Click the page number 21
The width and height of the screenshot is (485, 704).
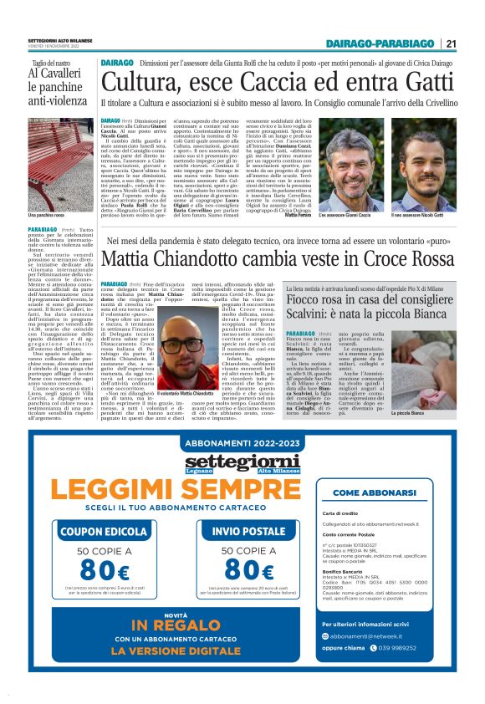pos(451,43)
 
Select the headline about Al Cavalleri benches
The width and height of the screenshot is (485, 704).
pos(58,84)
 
